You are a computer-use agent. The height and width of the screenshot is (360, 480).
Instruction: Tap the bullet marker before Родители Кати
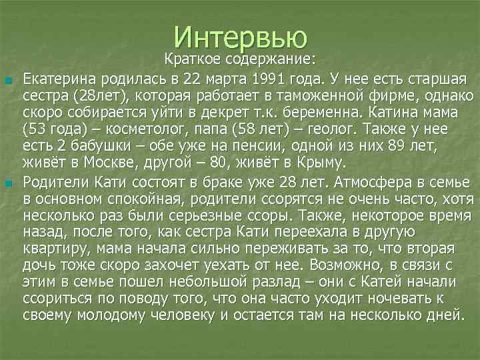tap(8, 183)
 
